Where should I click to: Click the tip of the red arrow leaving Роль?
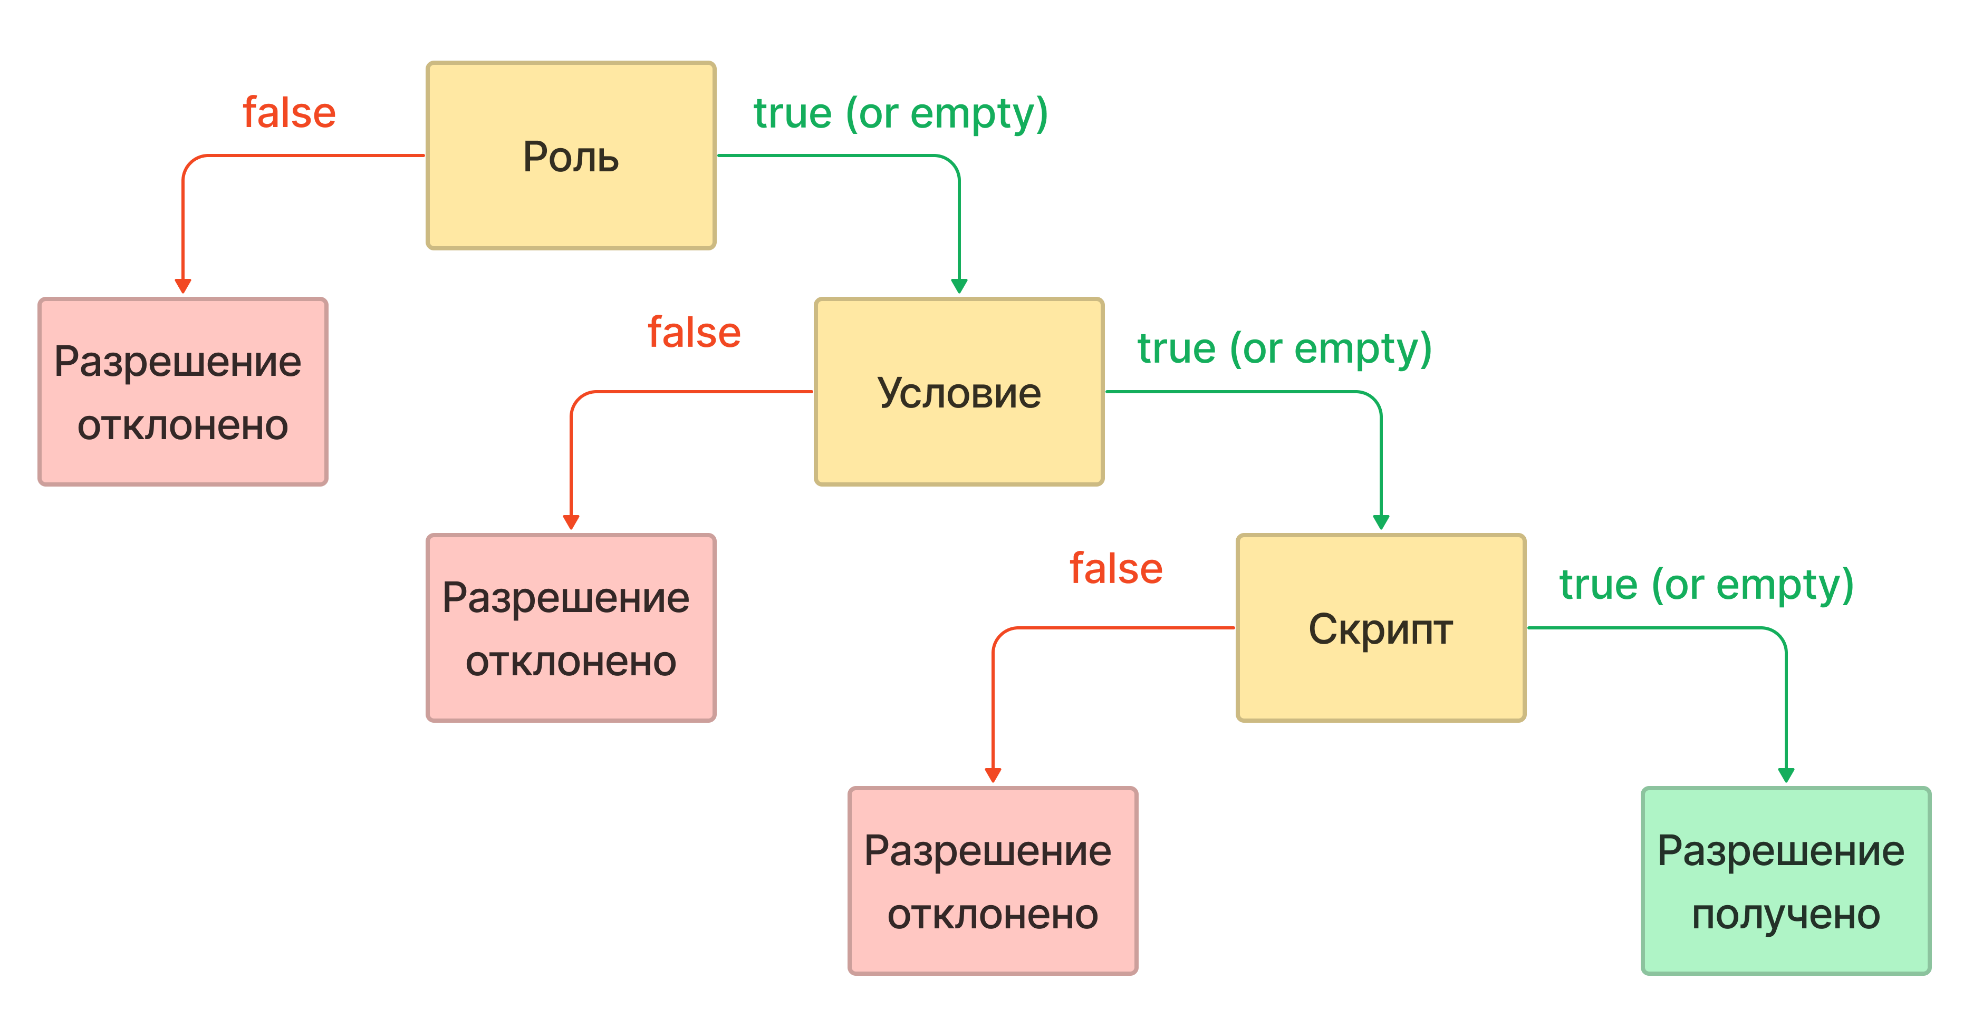[182, 293]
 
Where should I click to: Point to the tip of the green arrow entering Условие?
[959, 293]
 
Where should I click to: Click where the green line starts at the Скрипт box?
[1528, 628]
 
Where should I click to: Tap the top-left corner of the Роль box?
[427, 63]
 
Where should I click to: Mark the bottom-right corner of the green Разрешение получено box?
[1930, 973]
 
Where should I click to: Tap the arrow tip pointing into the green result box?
[1786, 782]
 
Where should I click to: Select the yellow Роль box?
[571, 156]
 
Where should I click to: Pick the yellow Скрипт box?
[1381, 628]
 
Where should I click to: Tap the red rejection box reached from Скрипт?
[993, 880]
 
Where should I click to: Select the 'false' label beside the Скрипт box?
[1116, 569]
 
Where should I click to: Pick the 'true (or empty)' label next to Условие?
[1284, 349]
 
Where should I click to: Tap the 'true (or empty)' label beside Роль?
[901, 114]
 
